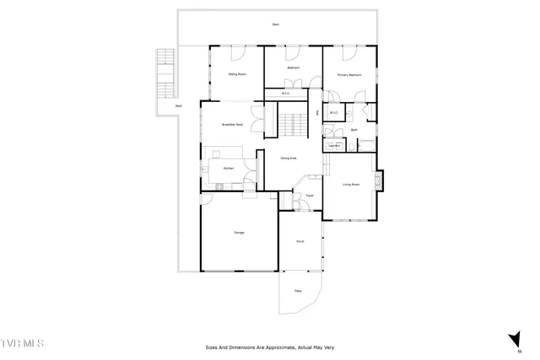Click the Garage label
pos(239,233)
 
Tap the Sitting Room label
pos(237,74)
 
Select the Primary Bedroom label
pos(349,75)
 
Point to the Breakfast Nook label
pos(232,125)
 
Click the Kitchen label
pos(228,169)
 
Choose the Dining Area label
pos(288,158)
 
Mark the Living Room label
pos(351,184)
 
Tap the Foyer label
pos(310,195)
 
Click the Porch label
pos(300,241)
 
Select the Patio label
pos(298,291)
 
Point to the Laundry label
pos(334,146)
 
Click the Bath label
pos(354,130)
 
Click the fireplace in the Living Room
pos(379,180)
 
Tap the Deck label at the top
pos(275,24)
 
